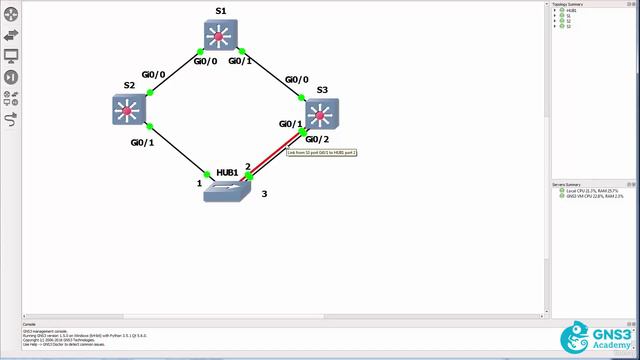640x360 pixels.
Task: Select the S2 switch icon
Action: point(129,108)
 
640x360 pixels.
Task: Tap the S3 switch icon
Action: point(321,113)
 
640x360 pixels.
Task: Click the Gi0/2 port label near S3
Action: point(317,138)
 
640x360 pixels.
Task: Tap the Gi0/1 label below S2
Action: point(142,142)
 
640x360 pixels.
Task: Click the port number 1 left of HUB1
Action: point(199,183)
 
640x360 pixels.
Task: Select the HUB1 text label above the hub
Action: point(226,171)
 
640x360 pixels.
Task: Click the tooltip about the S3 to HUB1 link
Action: point(321,152)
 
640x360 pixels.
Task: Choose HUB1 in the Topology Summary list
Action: point(569,10)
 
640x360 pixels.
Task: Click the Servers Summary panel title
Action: point(567,184)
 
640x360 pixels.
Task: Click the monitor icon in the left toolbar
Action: point(11,56)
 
